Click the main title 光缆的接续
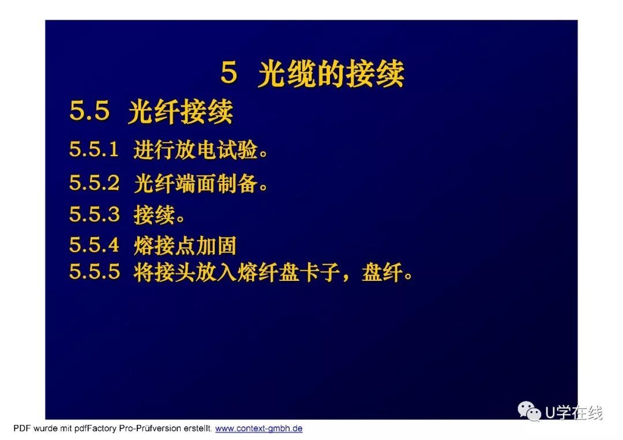331,74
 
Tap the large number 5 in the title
229,72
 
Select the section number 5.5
89,110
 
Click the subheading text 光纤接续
181,112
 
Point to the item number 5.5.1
94,149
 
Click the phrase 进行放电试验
196,150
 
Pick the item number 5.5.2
94,183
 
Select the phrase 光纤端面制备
196,183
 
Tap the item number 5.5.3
94,214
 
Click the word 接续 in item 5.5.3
154,215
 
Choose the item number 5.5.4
94,245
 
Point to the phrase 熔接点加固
185,246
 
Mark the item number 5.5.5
94,272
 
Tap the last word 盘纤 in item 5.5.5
382,272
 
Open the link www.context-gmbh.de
258,429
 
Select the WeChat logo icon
529,411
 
